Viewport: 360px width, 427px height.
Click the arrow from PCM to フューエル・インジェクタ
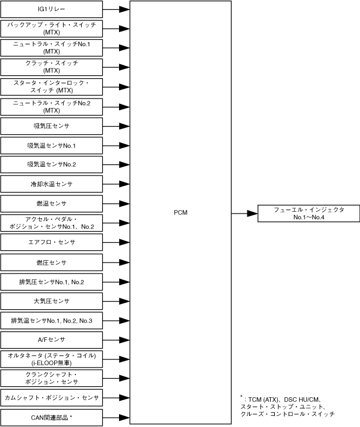pyautogui.click(x=244, y=213)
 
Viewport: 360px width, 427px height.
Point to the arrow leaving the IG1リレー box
pyautogui.click(x=116, y=9)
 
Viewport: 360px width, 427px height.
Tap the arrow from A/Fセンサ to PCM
pyautogui.click(x=116, y=339)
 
